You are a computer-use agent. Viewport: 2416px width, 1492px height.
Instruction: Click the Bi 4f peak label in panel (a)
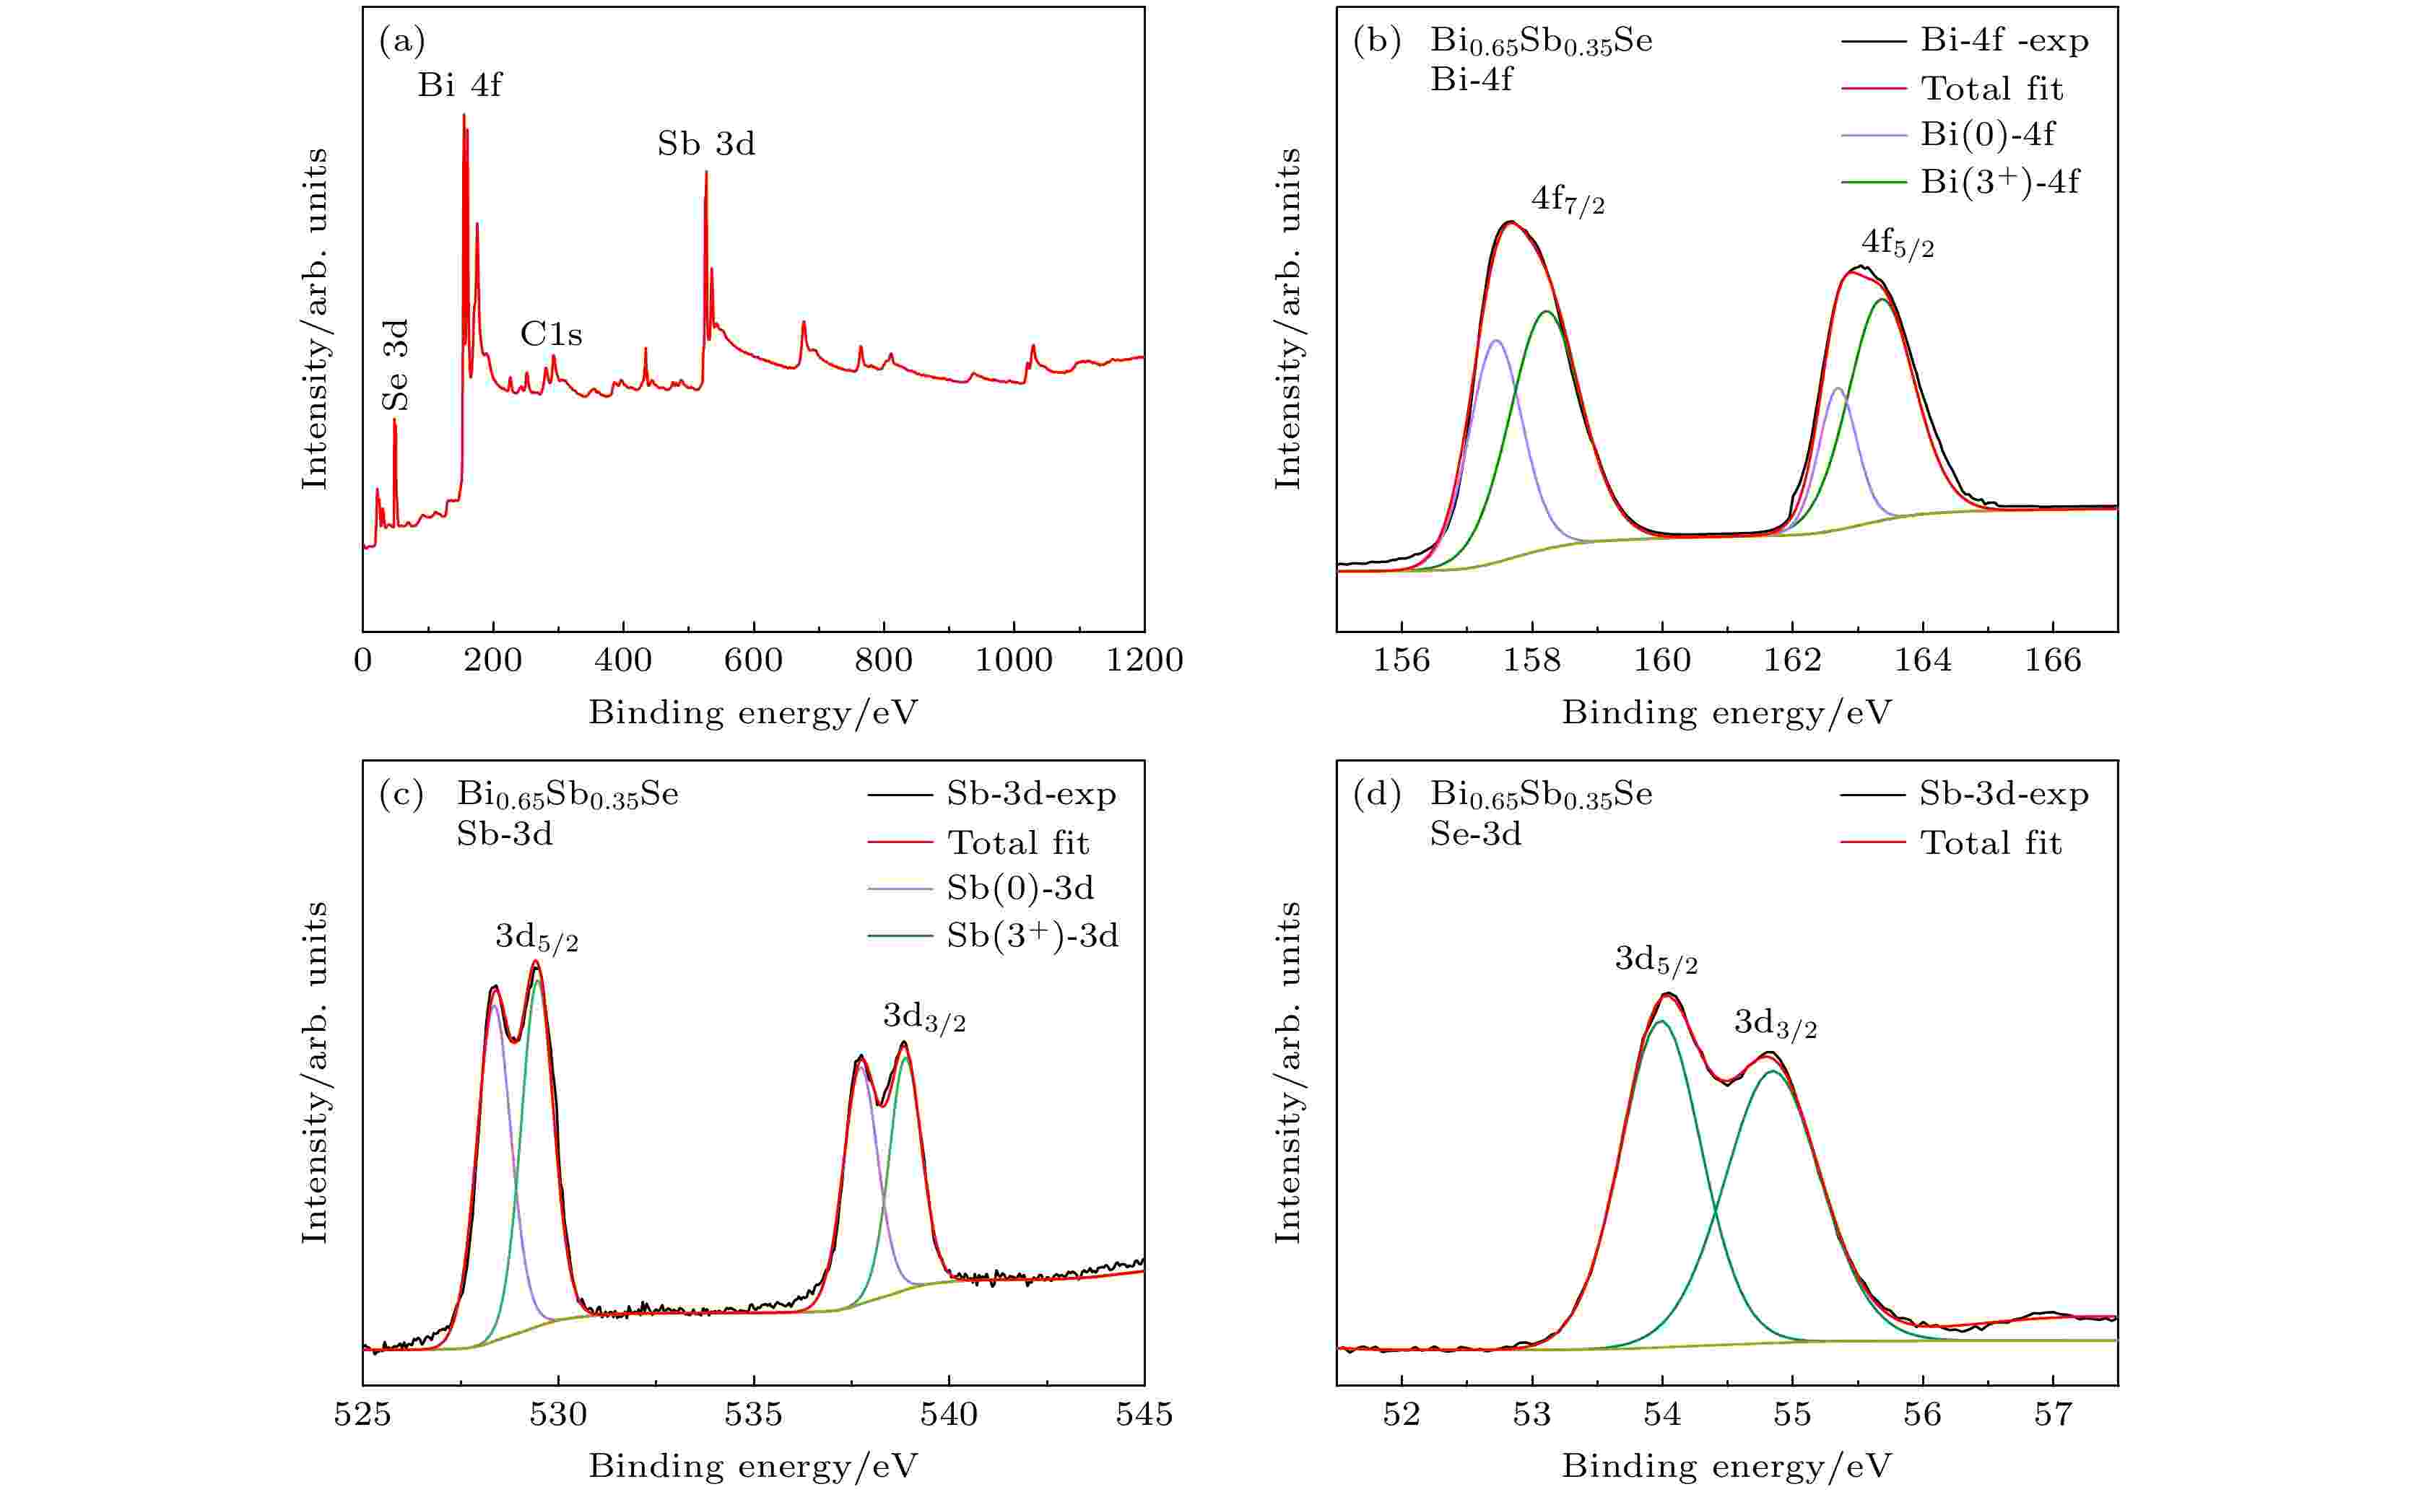click(x=459, y=86)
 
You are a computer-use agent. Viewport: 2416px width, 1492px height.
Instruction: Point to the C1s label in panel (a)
click(x=551, y=334)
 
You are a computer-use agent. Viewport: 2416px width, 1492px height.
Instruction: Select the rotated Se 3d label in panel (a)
click(x=396, y=365)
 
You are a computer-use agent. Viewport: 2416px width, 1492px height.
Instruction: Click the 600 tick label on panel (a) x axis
click(x=753, y=660)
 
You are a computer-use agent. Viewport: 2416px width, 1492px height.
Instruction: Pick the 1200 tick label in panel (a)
click(x=1144, y=660)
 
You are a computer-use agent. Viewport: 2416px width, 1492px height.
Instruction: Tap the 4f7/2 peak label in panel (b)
click(x=1568, y=201)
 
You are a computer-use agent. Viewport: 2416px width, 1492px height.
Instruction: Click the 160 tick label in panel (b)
click(x=1662, y=660)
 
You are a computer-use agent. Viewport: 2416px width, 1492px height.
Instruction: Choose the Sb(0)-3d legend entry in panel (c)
click(x=1020, y=888)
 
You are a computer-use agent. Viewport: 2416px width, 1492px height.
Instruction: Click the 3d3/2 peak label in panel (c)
click(x=924, y=1017)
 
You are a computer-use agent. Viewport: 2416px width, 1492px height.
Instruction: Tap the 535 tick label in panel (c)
click(x=753, y=1414)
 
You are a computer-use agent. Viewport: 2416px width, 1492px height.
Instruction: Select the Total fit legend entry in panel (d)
click(x=1990, y=842)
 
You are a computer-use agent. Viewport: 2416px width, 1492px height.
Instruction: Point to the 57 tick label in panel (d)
click(x=2053, y=1414)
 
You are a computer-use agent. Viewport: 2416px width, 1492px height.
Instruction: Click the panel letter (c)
click(x=401, y=794)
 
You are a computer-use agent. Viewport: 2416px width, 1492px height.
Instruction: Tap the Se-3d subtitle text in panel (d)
click(x=1475, y=835)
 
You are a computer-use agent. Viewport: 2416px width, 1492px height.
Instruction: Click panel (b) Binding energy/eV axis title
click(x=1726, y=712)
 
